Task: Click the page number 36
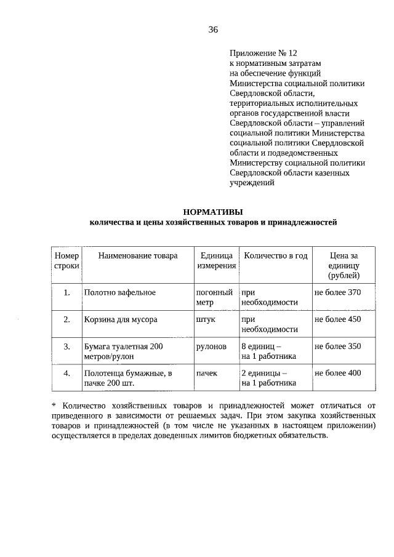[213, 30]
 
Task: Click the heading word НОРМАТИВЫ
[213, 211]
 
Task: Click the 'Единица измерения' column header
[216, 261]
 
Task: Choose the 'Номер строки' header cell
[66, 261]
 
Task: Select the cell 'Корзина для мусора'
[121, 320]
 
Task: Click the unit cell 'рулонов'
[212, 347]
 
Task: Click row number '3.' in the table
[66, 347]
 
